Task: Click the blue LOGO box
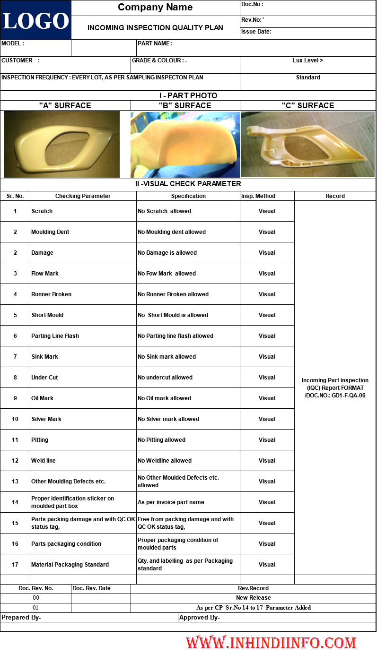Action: [35, 20]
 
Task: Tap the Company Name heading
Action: [155, 7]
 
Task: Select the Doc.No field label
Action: [252, 4]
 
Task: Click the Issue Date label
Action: [256, 32]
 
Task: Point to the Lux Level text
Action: [308, 60]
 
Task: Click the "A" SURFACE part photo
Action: [61, 144]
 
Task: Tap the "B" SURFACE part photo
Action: [185, 144]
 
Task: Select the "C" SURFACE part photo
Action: [308, 144]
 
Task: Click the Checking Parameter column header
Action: [83, 196]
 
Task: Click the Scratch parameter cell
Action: [42, 211]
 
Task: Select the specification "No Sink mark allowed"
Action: [167, 357]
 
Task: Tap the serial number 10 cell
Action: [15, 419]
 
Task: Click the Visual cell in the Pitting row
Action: [267, 440]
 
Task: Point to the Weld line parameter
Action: [44, 461]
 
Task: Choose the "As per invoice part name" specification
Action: [171, 502]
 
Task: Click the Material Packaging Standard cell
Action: [70, 565]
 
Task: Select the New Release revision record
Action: [254, 598]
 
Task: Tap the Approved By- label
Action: [200, 618]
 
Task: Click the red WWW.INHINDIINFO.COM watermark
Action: [271, 643]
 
